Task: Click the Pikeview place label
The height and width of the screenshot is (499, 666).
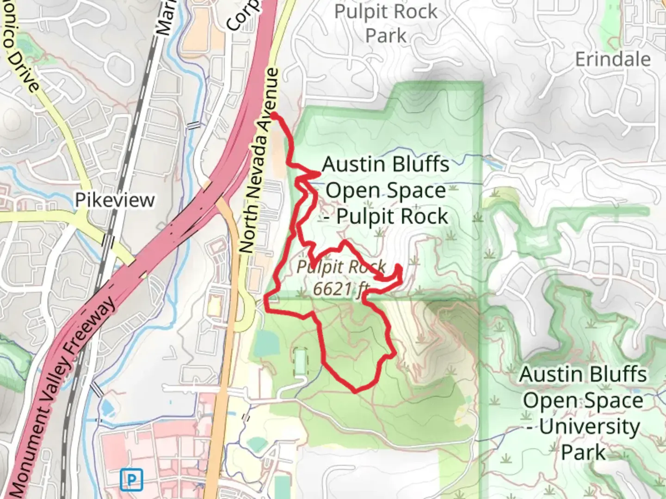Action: (x=115, y=200)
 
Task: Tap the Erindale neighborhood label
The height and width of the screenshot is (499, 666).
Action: (x=613, y=60)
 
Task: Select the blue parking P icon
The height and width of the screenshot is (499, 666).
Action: (x=131, y=480)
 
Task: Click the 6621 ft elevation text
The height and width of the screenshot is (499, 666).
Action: (x=340, y=289)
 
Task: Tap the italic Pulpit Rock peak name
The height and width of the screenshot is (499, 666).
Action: (x=341, y=267)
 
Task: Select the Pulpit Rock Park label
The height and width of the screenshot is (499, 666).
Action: (x=386, y=24)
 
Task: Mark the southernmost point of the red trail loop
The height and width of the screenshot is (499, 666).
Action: (x=356, y=391)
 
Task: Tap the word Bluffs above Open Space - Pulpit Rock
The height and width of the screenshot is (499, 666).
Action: (x=419, y=164)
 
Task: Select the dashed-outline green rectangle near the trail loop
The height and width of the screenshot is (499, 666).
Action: (x=300, y=362)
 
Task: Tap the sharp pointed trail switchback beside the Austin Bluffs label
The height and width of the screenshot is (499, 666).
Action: (x=319, y=174)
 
